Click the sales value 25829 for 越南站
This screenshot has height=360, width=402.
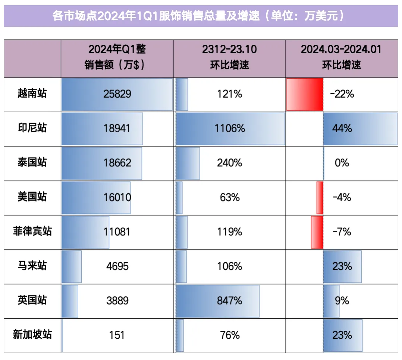coord(117,94)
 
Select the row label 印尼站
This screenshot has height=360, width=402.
coord(32,128)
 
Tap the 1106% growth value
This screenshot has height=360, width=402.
coord(230,129)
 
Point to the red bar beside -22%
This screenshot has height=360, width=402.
coord(304,94)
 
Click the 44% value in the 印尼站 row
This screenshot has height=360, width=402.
coord(342,129)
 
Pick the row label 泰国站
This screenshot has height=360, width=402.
coord(32,163)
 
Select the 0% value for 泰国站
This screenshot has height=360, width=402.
coord(342,163)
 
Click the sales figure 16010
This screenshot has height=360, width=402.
coord(117,197)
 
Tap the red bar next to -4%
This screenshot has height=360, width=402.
coord(320,198)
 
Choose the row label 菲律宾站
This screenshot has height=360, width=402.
coord(32,231)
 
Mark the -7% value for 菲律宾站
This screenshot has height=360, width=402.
coord(342,232)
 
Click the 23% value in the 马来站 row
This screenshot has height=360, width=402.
coord(342,266)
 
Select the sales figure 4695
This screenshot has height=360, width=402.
coord(117,266)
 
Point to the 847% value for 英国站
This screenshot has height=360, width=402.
coord(230,300)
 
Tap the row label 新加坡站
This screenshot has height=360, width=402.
coord(32,335)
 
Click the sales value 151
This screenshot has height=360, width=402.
coord(117,335)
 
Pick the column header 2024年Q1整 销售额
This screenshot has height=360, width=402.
coord(117,57)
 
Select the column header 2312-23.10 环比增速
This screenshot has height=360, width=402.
coord(229,57)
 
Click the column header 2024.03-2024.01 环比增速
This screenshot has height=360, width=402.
coord(341,57)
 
